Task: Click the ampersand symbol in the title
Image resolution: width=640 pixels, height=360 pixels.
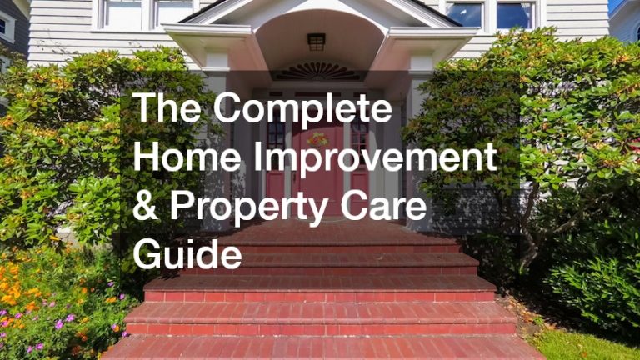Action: click(147, 206)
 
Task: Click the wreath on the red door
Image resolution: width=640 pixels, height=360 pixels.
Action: click(318, 138)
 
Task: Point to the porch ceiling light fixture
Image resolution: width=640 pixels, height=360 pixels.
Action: click(316, 41)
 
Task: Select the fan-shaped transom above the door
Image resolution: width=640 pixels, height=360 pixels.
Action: click(317, 72)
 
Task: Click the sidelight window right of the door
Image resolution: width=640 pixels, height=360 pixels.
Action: click(358, 137)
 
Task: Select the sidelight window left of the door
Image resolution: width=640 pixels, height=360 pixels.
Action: click(276, 137)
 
